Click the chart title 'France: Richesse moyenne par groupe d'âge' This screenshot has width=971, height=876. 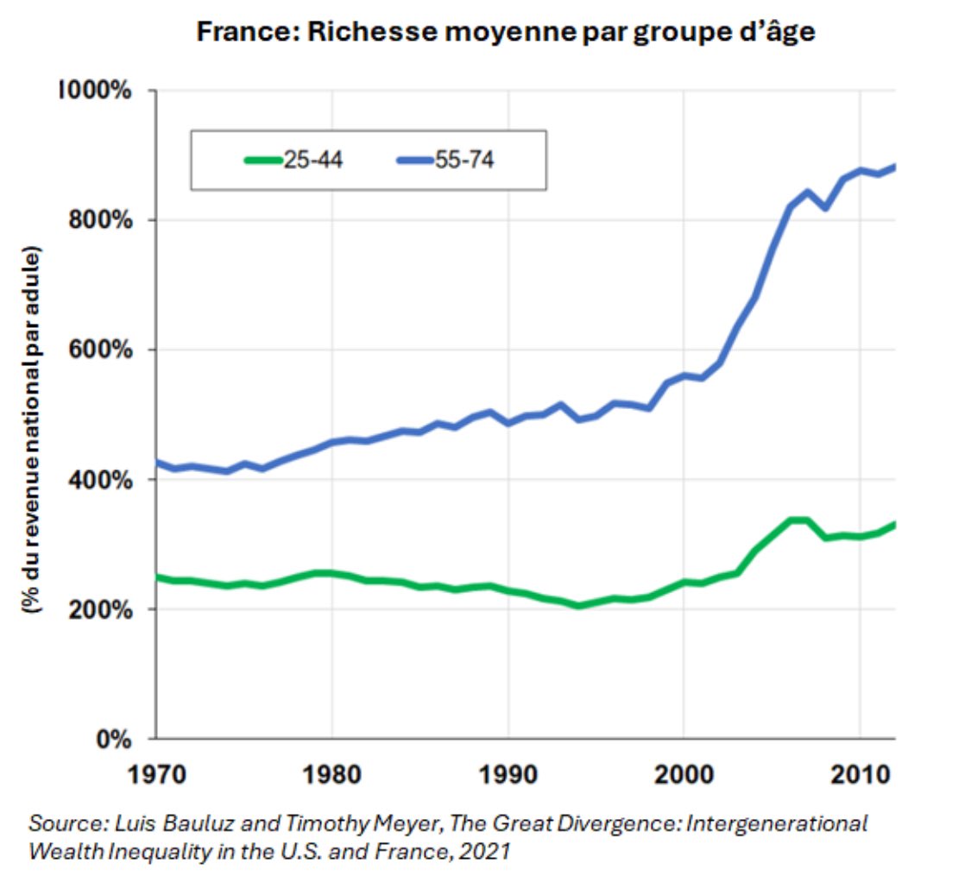pyautogui.click(x=506, y=32)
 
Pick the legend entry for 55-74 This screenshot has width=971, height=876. pyautogui.click(x=445, y=160)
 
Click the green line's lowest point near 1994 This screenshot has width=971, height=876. pyautogui.click(x=578, y=606)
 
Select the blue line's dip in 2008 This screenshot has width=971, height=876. pyautogui.click(x=825, y=208)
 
